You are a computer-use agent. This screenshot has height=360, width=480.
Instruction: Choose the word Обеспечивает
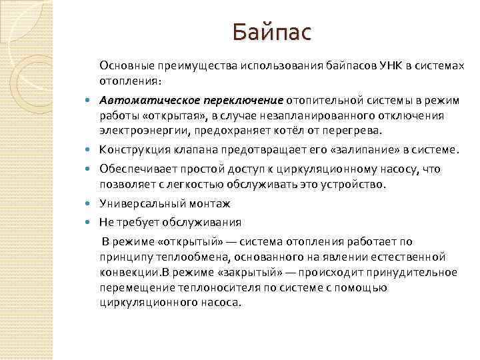click(x=136, y=169)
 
